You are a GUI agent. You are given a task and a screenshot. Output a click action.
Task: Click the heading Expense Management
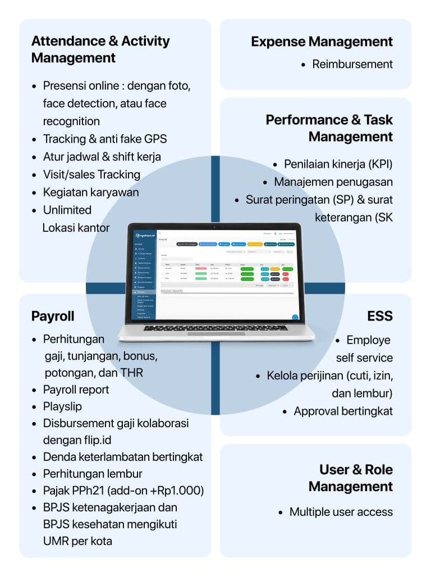tap(322, 42)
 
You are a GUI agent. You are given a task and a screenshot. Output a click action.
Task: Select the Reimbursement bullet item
tap(352, 64)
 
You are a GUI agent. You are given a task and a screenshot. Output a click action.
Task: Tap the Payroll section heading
tap(53, 316)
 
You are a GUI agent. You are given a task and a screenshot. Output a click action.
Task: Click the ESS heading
tap(380, 316)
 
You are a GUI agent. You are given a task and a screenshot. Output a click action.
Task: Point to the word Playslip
tap(62, 406)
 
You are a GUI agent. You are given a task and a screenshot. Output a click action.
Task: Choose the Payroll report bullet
tap(76, 390)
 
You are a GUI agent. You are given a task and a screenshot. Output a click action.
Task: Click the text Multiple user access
tap(341, 512)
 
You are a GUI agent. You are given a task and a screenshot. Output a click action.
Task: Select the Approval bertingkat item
tap(343, 411)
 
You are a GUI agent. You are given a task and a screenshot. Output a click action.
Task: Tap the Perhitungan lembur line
tap(93, 474)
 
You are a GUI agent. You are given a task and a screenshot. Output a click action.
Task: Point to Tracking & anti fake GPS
tap(105, 139)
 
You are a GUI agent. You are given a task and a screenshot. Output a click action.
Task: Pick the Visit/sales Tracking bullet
tap(91, 175)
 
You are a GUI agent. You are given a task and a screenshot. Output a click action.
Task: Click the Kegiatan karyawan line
tap(91, 192)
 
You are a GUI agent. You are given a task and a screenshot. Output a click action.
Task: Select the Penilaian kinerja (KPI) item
tap(338, 164)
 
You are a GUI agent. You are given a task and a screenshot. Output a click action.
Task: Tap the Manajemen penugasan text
tap(333, 182)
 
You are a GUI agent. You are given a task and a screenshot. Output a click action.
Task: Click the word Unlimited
tap(67, 210)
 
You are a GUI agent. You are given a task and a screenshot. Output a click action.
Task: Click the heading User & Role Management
tap(351, 478)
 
